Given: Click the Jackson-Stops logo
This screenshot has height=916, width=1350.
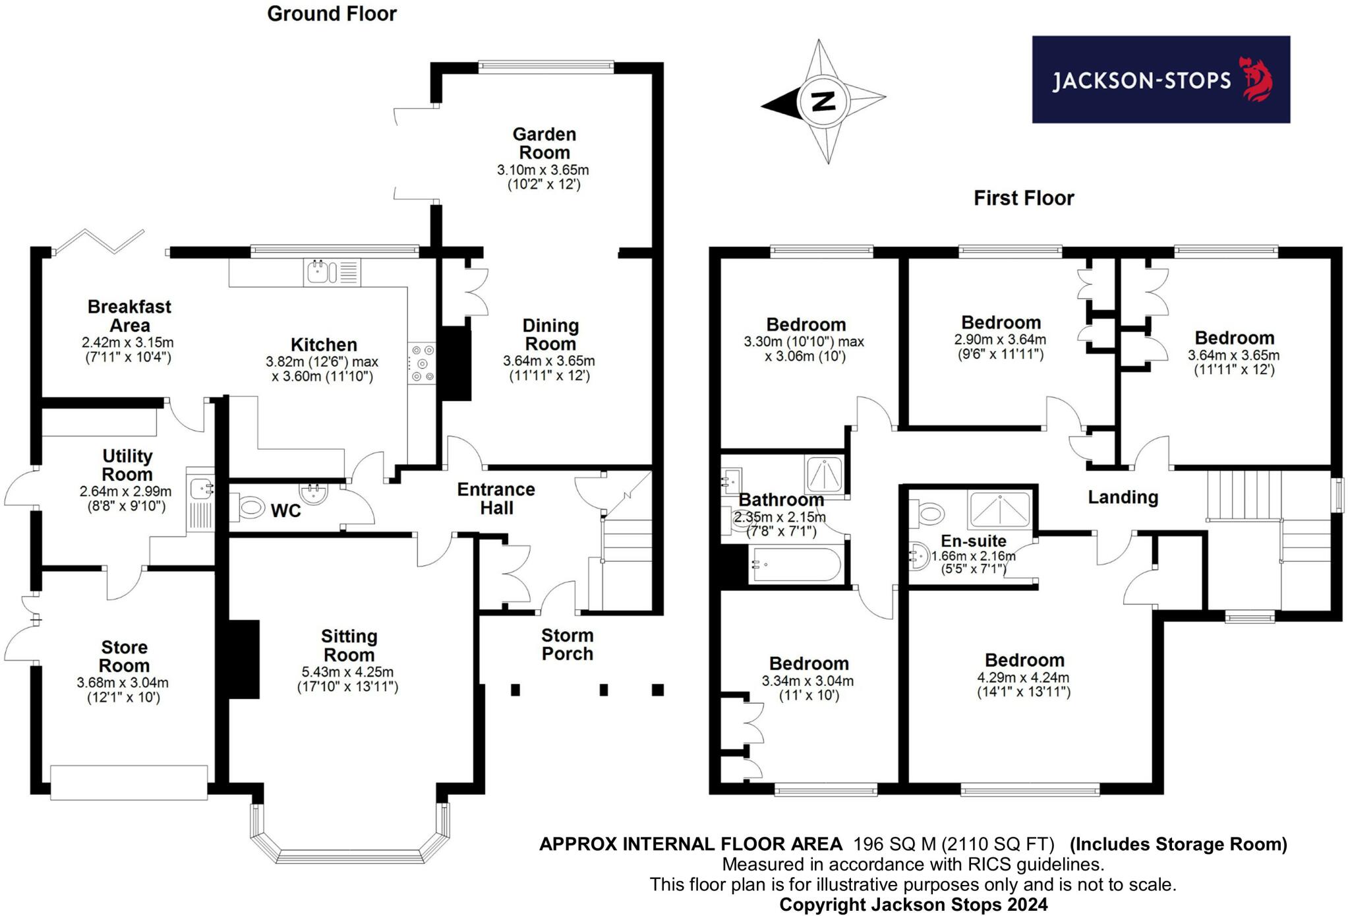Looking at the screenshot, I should point(1160,80).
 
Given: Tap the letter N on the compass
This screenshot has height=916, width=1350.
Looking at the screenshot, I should point(823,101).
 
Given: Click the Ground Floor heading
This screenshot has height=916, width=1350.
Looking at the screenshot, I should point(332,14).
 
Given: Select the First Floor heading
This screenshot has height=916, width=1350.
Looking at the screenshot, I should point(1024,198).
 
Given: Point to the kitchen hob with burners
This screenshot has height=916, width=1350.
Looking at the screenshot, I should point(421,363).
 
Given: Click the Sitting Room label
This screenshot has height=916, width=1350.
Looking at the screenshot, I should point(349,646).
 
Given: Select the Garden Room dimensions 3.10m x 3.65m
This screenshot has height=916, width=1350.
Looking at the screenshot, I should point(543,170).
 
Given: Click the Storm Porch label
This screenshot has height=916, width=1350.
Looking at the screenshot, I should point(567,644).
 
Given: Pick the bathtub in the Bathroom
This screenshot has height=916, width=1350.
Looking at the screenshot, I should point(796,565).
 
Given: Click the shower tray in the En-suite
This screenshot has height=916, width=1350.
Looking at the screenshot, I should point(999,509).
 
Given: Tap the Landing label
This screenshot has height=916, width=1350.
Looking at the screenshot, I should point(1123,497).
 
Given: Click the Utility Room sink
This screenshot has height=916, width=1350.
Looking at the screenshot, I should point(200,489).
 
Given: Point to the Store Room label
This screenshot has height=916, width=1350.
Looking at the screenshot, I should point(124,656).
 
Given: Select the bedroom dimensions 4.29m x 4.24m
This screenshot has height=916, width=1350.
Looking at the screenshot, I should point(1023,677).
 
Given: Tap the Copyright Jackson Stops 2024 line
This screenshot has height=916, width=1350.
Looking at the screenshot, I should point(913,904).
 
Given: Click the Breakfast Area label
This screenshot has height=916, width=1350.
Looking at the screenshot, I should point(129,316).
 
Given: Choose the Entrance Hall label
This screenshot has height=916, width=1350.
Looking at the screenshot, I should point(496,499).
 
